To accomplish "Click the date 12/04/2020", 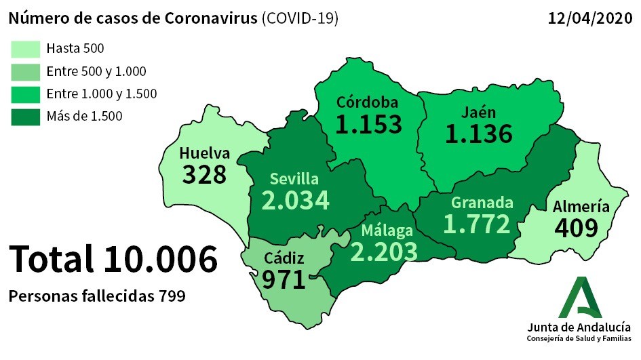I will (x=588, y=18).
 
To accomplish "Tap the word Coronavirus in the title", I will (x=210, y=18).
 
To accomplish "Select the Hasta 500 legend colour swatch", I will (x=25, y=48).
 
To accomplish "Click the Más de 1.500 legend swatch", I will (x=25, y=116).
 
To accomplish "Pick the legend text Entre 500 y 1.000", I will (x=96, y=71).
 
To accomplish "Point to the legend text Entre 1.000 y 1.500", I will (x=102, y=94).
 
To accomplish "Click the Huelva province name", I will (x=204, y=153).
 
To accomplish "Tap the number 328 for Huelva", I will (x=204, y=174).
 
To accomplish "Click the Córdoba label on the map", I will (x=368, y=103).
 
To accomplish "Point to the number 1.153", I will (x=369, y=124).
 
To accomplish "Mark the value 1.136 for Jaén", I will (x=478, y=134).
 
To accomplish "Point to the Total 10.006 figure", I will (x=113, y=260).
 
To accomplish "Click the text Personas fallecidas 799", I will (x=96, y=296).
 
